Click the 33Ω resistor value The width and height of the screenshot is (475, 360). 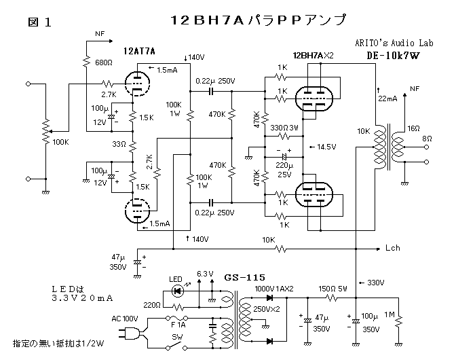119,144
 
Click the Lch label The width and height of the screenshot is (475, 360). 393,248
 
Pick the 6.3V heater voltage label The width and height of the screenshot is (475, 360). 205,274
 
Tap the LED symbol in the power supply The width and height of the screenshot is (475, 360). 178,290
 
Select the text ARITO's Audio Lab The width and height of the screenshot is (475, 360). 391,43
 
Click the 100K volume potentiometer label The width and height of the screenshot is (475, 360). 60,142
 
